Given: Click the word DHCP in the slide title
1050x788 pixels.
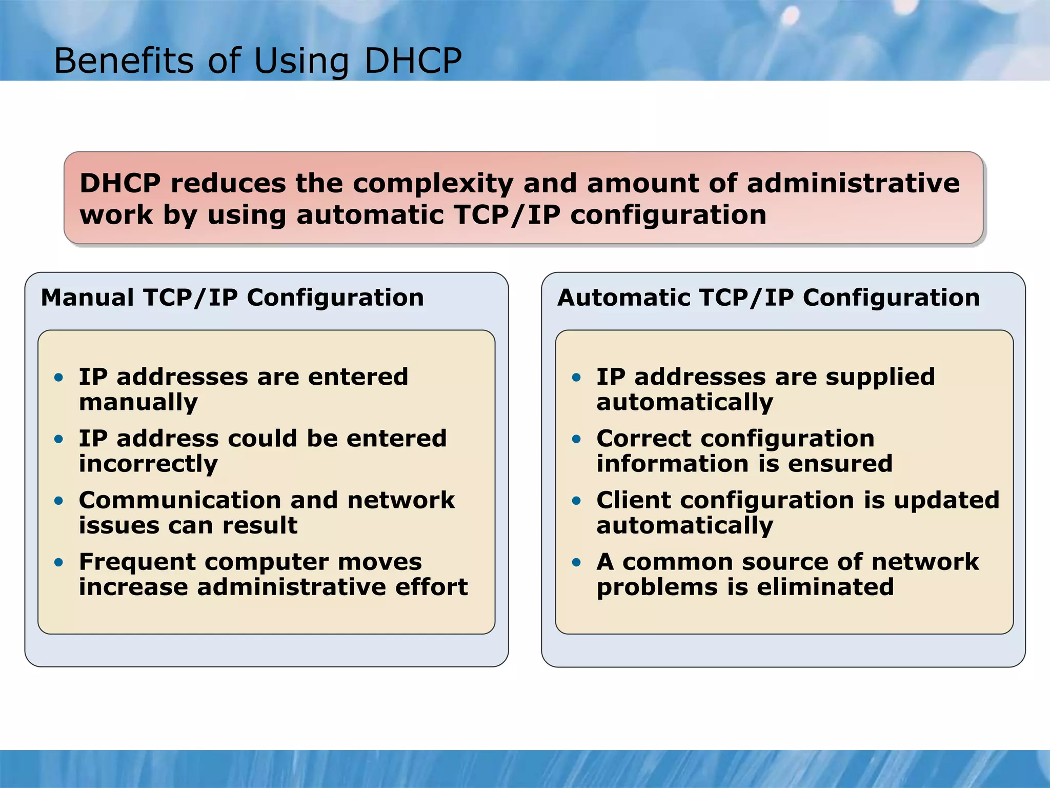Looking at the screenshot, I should point(413,61).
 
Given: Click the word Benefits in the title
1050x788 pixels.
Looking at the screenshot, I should point(124,61).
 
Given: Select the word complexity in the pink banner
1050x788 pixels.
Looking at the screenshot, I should point(433,184).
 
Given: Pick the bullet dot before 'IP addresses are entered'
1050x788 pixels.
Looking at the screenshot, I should point(59,378).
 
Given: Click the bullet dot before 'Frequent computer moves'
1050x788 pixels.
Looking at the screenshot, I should point(59,562).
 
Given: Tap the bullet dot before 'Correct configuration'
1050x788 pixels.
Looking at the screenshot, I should point(576,439).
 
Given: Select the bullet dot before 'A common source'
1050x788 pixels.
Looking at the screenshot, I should point(576,562).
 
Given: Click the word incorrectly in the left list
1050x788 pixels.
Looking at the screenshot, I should point(148,464).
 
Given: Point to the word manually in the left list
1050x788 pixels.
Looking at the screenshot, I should point(138,403).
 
